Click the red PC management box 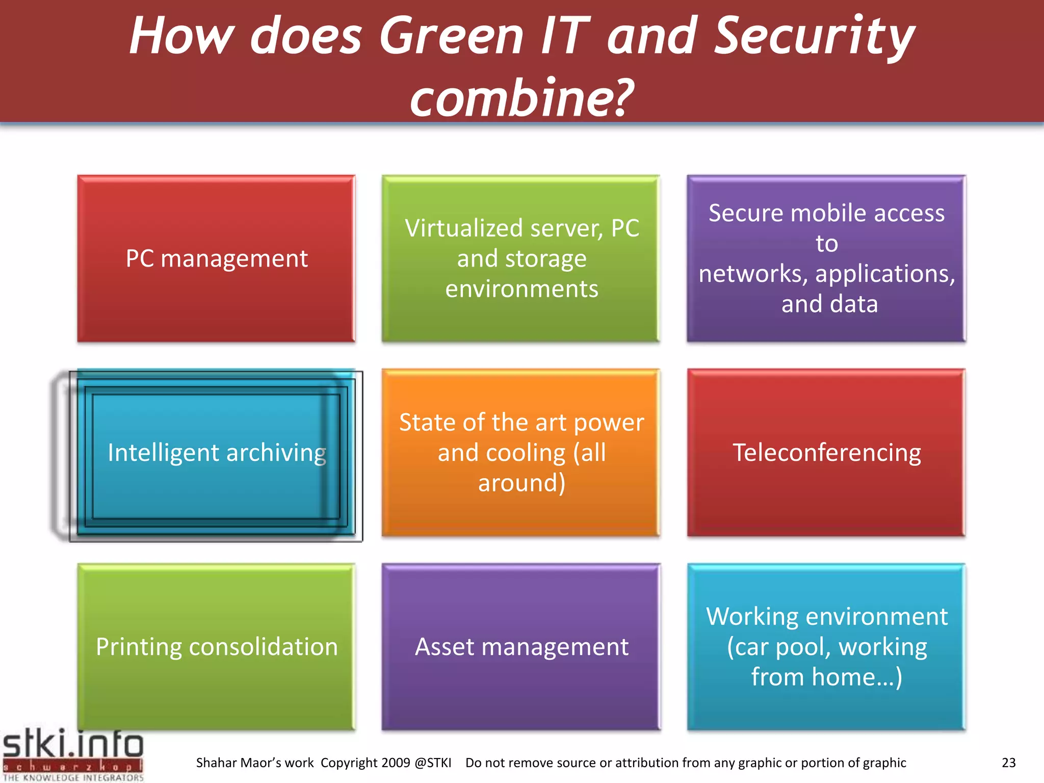tap(216, 258)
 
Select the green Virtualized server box tap(521, 258)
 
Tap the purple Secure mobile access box tap(826, 258)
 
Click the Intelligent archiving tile tap(216, 453)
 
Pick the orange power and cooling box tap(521, 453)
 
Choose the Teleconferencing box tap(826, 453)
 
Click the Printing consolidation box tap(216, 647)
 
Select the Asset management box tap(521, 647)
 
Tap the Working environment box tap(826, 647)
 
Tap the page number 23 tap(1008, 763)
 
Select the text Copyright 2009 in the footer tap(365, 763)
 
